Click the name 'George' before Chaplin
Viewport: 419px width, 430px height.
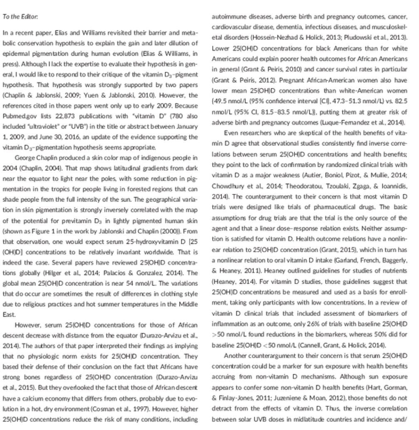tap(25, 158)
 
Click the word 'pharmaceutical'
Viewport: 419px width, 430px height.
tap(327, 207)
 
